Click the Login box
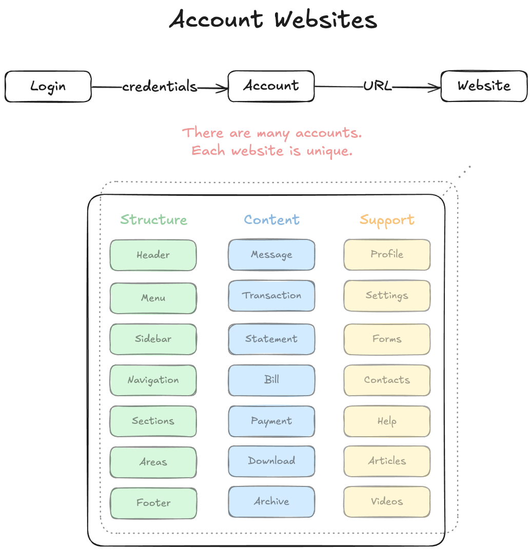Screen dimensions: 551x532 coord(48,86)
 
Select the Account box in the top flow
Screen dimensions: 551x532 coord(271,86)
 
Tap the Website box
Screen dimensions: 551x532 coord(484,86)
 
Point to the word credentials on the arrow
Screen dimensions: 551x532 coord(160,87)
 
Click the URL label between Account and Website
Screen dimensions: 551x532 coord(377,86)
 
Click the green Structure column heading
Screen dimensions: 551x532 coord(153,220)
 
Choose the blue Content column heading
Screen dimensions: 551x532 coord(271,220)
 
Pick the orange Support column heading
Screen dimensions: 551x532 coord(387,220)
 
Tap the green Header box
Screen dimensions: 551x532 coord(153,255)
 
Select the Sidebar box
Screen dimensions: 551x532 coord(153,339)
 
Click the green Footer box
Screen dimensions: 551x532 coord(153,503)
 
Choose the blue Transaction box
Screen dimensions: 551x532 coord(271,296)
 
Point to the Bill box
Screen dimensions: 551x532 coord(271,380)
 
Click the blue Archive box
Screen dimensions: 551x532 coord(271,501)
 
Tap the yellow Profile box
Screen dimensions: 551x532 coord(387,255)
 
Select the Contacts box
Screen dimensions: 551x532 coord(387,380)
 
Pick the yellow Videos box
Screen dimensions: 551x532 coord(387,501)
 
